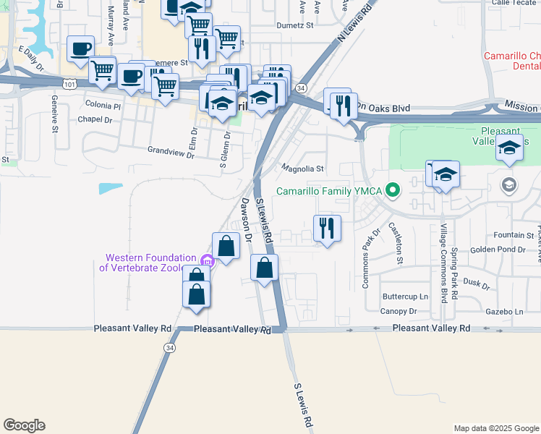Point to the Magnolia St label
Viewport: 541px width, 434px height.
click(x=302, y=169)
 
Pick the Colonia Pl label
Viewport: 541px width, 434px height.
click(x=103, y=106)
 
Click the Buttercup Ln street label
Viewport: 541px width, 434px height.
click(x=405, y=297)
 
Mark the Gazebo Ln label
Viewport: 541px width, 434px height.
click(x=504, y=311)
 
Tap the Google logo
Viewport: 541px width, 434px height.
click(x=24, y=425)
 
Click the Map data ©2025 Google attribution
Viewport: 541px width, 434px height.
click(x=496, y=428)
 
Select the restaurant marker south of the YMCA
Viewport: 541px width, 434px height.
click(x=327, y=229)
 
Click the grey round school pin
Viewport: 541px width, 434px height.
click(x=509, y=184)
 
